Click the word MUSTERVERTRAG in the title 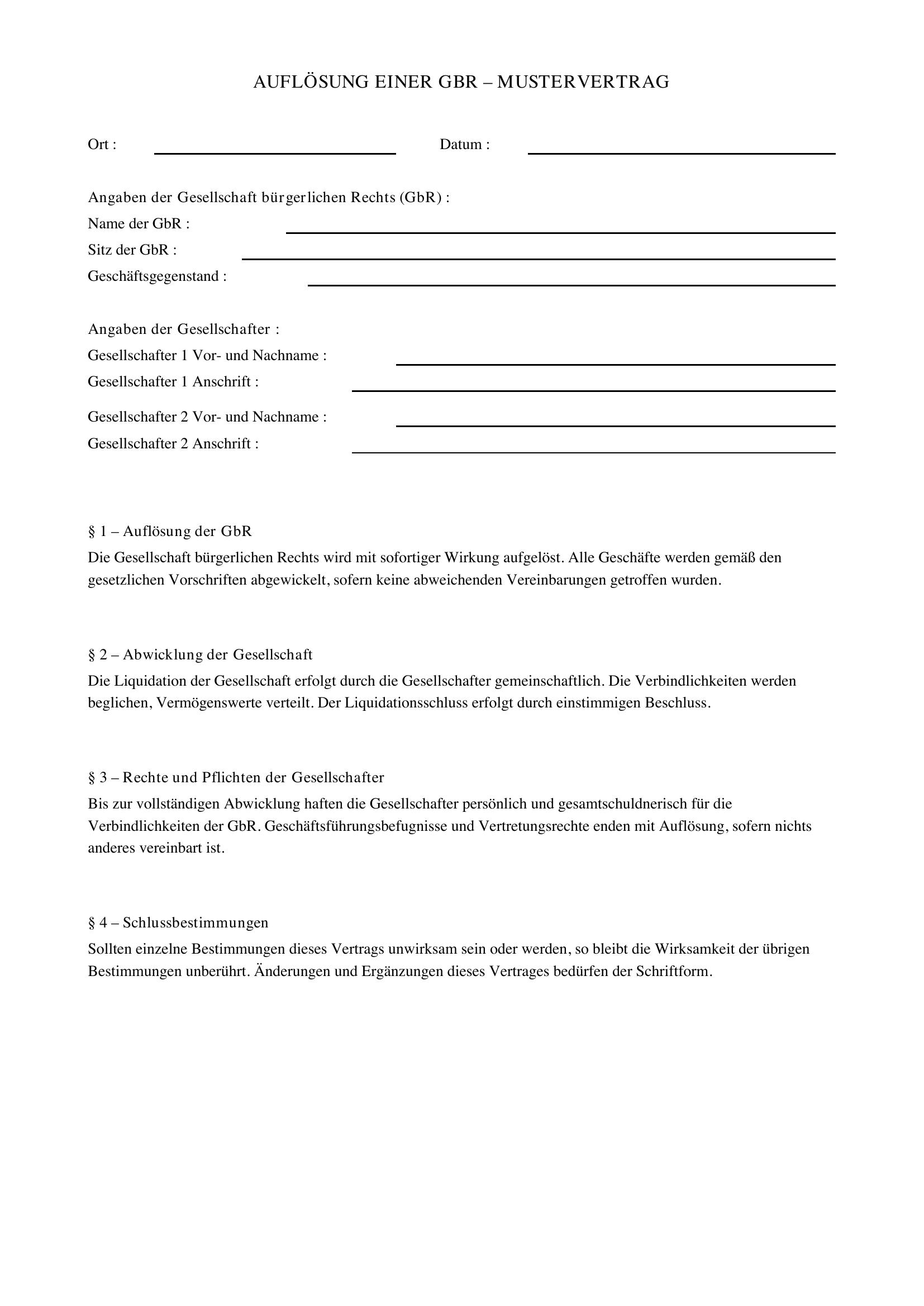(583, 83)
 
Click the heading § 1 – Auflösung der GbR (170, 531)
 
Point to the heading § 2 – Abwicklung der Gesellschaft (201, 655)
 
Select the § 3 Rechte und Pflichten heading (236, 778)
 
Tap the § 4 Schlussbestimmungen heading (178, 922)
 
